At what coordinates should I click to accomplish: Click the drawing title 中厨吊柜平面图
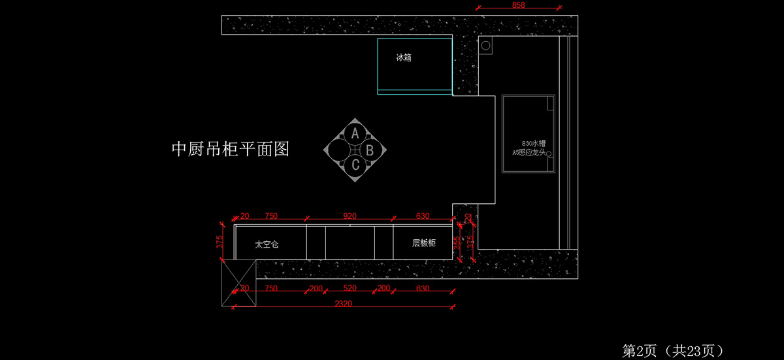230,150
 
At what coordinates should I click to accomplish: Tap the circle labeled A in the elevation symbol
355,134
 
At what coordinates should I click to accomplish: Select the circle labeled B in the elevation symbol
370,150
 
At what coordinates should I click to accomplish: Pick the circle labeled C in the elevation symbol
355,165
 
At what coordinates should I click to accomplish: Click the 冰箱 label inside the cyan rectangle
404,57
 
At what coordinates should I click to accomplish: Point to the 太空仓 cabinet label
267,244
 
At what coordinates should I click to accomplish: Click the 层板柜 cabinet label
424,243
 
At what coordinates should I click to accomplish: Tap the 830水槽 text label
534,142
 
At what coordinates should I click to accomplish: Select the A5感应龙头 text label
529,152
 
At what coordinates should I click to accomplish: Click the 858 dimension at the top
519,5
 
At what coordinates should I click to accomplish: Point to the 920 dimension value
350,216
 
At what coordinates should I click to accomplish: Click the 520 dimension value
350,288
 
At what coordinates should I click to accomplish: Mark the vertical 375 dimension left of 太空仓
220,242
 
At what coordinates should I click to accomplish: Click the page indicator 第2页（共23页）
672,351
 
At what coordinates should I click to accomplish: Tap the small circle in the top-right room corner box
485,45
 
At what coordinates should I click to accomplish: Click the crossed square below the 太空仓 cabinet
238,282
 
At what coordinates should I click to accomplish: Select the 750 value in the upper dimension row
271,216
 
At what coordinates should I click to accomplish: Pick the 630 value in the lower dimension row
423,288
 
